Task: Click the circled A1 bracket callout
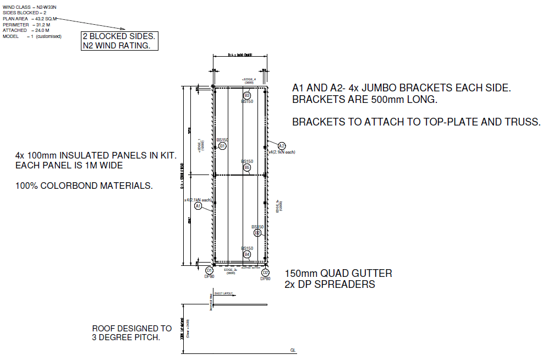199,206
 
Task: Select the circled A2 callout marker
282,146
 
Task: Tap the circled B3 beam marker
247,96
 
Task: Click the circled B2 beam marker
257,232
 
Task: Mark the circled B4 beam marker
247,254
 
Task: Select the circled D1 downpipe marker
209,271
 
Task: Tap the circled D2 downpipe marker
265,272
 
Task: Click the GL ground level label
293,350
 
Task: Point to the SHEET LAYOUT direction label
223,293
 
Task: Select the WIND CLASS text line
25,7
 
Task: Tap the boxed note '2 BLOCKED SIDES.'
119,37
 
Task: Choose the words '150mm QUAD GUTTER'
338,274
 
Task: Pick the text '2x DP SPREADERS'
330,285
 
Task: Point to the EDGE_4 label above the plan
249,79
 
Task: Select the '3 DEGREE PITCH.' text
126,337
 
